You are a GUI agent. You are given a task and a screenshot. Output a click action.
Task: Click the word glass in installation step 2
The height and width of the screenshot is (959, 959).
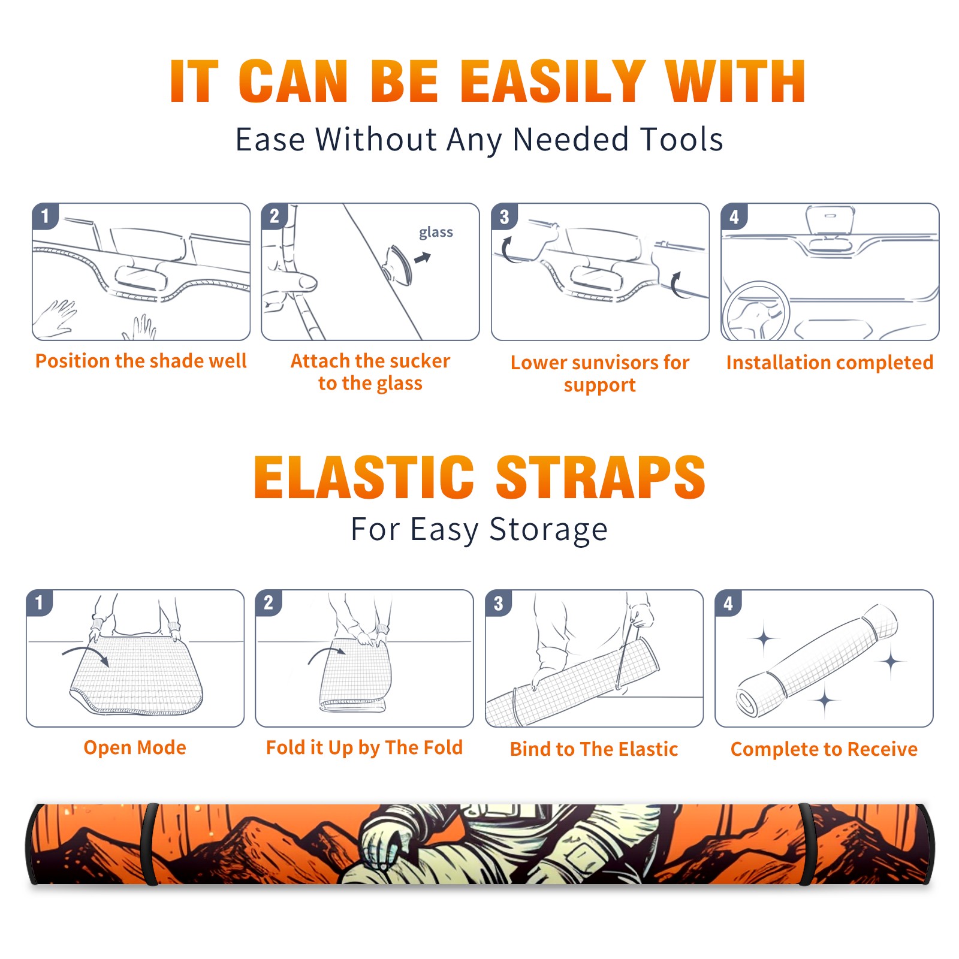(x=436, y=233)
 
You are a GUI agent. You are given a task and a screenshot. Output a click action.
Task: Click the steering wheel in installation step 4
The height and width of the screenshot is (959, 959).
(x=756, y=311)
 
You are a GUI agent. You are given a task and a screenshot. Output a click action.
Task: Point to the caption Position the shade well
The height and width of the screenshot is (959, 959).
(x=141, y=361)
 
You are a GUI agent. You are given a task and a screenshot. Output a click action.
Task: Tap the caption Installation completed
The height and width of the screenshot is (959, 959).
(x=830, y=362)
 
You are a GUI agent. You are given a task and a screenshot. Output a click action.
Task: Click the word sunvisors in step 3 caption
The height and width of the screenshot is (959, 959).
(x=611, y=363)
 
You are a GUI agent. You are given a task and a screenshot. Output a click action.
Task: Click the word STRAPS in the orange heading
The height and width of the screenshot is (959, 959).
(x=601, y=477)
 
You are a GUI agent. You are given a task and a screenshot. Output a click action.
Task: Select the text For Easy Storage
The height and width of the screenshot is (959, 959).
(x=479, y=529)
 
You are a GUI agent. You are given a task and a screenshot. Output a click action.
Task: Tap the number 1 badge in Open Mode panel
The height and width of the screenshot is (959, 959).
(x=40, y=602)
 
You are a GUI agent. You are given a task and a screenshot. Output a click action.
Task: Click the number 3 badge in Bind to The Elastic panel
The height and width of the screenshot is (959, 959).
(x=499, y=603)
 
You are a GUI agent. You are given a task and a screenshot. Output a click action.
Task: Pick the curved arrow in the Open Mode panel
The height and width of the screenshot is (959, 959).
(x=86, y=655)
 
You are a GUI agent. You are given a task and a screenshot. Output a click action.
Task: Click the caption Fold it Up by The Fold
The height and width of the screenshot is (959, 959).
(x=364, y=747)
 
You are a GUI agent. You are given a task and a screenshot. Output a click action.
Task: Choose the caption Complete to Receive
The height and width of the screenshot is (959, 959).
(x=824, y=749)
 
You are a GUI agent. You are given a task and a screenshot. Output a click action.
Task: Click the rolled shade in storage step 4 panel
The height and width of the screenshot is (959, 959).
(x=816, y=661)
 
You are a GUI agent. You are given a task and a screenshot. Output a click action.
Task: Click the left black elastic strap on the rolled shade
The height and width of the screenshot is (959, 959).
(x=150, y=844)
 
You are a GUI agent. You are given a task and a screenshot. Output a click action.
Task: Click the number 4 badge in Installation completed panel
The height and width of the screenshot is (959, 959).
(x=734, y=216)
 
